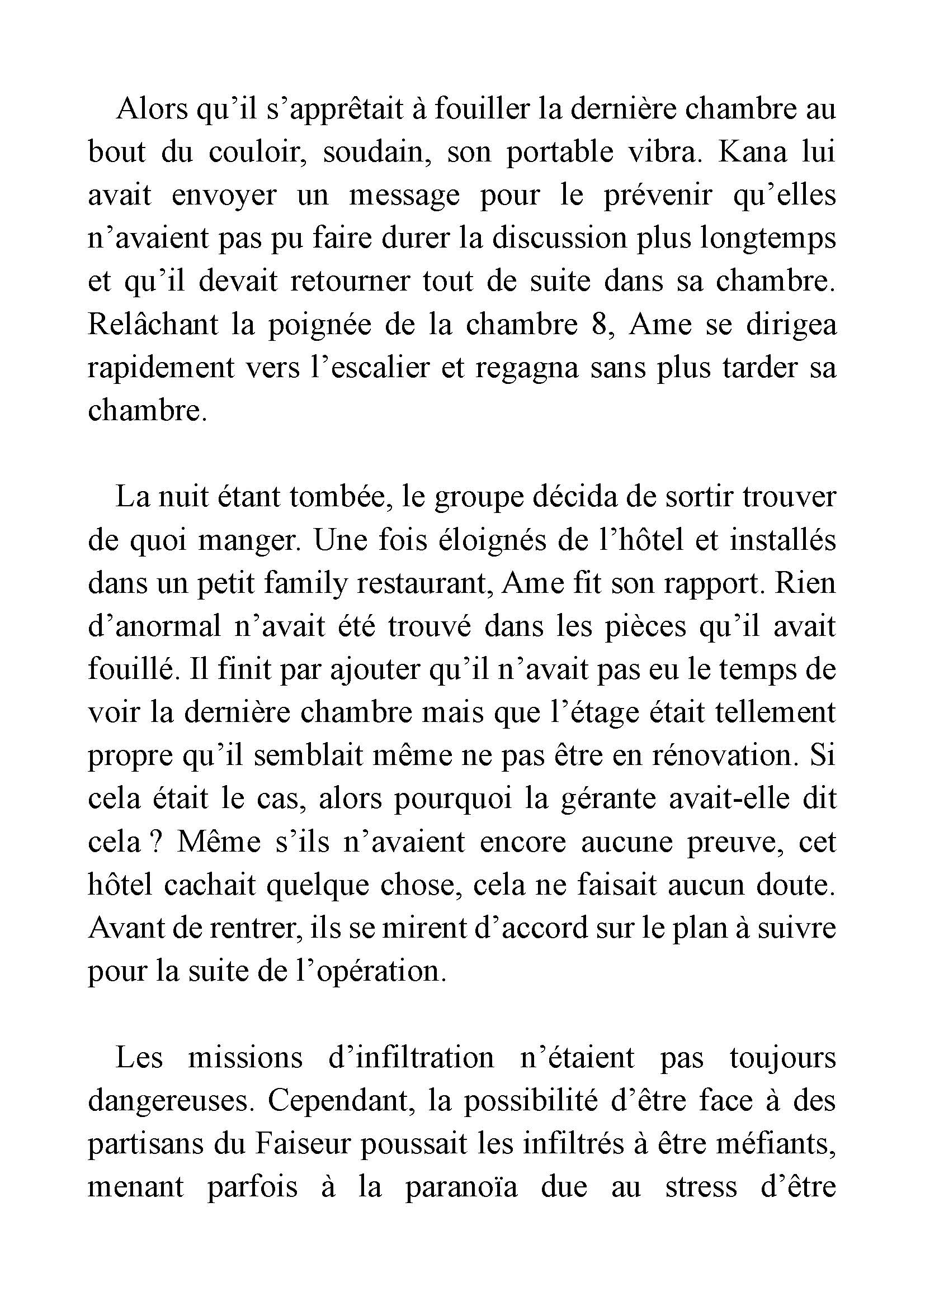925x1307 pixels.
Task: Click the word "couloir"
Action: click(x=257, y=153)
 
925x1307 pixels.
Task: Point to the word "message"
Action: click(x=404, y=195)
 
